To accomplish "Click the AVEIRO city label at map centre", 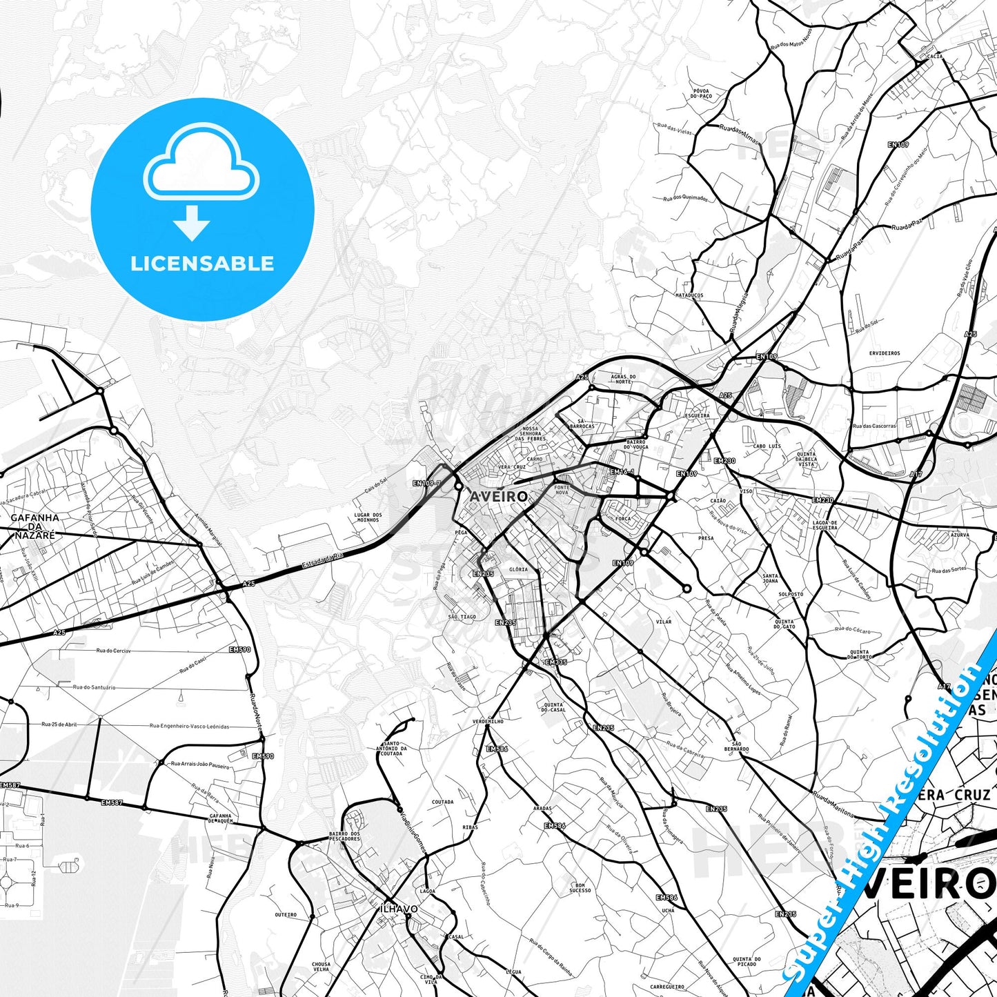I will (x=498, y=496).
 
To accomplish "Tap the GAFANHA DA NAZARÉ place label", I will (x=34, y=526).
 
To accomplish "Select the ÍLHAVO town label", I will (x=399, y=909).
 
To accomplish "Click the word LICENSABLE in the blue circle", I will (x=202, y=263).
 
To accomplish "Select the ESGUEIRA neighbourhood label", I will (x=696, y=416).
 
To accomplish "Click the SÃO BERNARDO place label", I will (x=736, y=746).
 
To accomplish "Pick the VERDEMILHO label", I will (x=487, y=721).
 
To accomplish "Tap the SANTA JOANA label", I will (x=771, y=578).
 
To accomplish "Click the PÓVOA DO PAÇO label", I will (x=700, y=94).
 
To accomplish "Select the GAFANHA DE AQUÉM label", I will (x=221, y=818).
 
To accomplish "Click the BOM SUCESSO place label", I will (x=580, y=887).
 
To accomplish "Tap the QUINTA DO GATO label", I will (x=784, y=624).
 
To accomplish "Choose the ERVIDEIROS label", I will (x=885, y=353).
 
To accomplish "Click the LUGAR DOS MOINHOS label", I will (x=368, y=517).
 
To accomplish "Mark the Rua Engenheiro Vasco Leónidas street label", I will (x=189, y=726).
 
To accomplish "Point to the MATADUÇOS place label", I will (x=689, y=295).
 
